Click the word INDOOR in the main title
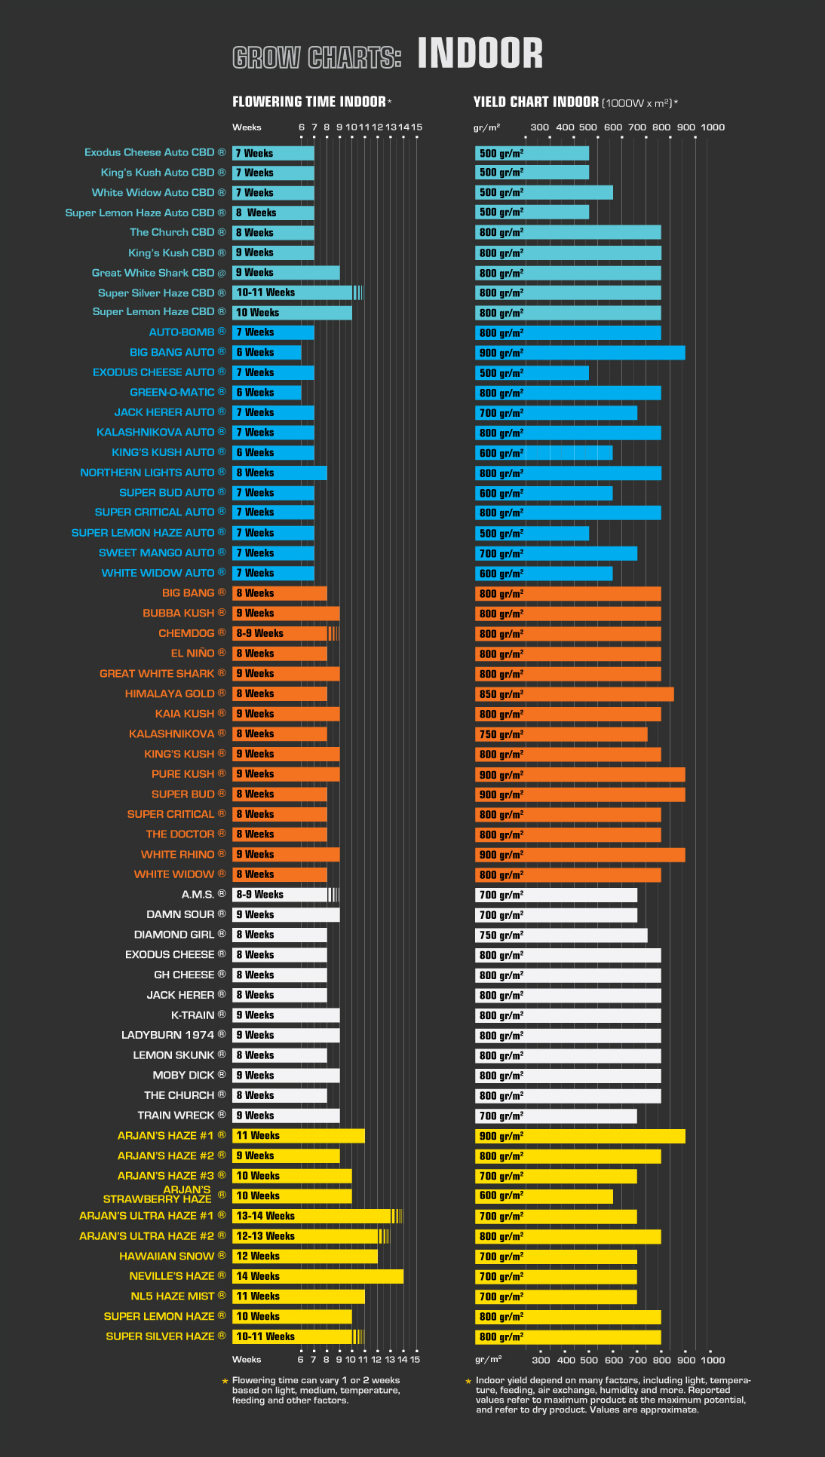coord(480,54)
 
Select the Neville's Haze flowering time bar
coord(317,1276)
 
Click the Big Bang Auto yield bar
coord(580,353)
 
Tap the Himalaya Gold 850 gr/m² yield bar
coord(575,694)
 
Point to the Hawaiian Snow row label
coord(167,1256)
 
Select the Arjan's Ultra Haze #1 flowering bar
coord(317,1216)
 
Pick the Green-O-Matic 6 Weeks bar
coord(267,393)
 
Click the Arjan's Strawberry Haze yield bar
coord(544,1195)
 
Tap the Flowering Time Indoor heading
coord(309,102)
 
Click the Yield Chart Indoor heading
coord(536,102)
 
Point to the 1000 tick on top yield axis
coord(713,127)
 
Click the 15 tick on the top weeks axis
coord(416,127)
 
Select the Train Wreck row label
coord(176,1115)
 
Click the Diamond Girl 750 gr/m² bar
coord(561,935)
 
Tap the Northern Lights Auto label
coord(147,473)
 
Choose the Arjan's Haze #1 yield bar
coord(580,1136)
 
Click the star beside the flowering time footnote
coord(225,1381)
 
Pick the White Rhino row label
coord(177,854)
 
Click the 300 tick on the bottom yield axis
coord(541,1360)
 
